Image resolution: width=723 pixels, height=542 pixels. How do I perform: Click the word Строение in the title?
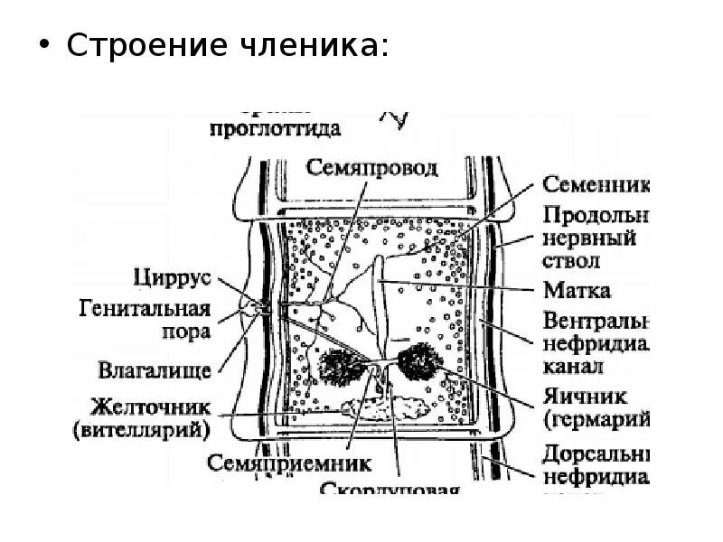coord(145,46)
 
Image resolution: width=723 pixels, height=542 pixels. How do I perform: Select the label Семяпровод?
coord(371,168)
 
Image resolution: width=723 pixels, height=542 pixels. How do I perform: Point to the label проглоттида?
coord(275,129)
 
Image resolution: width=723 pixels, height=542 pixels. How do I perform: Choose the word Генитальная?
coord(155,309)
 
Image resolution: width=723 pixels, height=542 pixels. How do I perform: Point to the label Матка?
coord(577,290)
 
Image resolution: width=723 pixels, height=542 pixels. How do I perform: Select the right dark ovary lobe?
coord(418,360)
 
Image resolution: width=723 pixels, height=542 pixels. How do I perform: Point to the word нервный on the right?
coord(589,239)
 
